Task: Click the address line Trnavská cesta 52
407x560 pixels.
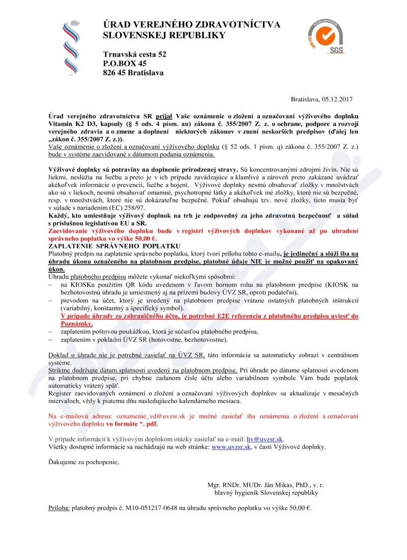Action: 134,54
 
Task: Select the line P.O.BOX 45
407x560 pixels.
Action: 125,63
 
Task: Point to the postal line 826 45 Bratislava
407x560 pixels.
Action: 133,73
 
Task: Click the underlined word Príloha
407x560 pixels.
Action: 59,508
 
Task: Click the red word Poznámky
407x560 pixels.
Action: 76,324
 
